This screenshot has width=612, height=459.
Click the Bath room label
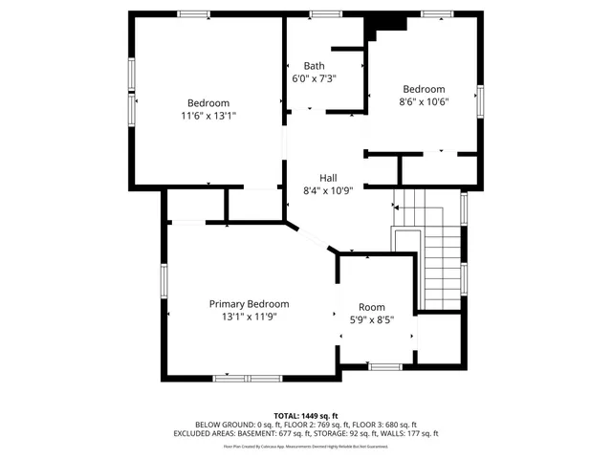tap(315, 66)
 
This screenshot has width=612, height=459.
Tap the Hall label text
tap(328, 178)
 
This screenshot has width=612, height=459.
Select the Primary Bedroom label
tap(249, 304)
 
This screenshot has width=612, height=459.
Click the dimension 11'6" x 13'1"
tap(208, 115)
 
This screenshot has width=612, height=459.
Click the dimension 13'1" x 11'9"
tap(249, 316)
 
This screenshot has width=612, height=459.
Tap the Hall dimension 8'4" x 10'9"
tap(328, 190)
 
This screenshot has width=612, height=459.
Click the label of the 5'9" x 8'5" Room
tap(372, 307)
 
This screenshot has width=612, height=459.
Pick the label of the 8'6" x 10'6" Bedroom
tap(424, 89)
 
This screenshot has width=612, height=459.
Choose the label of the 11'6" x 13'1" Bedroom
tap(208, 103)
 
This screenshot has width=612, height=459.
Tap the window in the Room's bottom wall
tap(384, 366)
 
